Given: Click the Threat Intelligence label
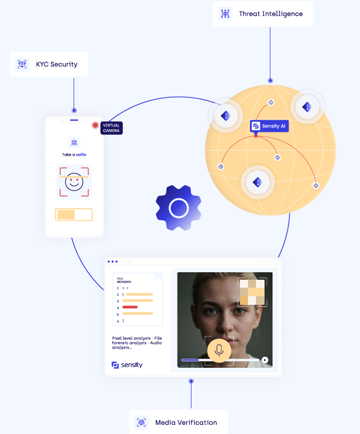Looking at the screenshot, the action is [x=270, y=14].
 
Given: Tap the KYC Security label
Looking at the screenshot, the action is [x=57, y=64].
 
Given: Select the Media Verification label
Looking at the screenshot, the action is [x=186, y=422].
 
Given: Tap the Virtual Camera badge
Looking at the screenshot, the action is [x=111, y=128].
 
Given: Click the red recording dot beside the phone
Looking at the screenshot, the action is [x=95, y=125].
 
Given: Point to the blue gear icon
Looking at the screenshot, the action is [x=179, y=208].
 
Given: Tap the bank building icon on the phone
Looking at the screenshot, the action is [x=74, y=142].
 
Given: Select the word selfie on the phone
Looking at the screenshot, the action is [x=81, y=154].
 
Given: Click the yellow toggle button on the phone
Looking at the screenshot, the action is [x=74, y=215].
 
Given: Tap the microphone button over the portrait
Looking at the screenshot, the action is [x=219, y=350].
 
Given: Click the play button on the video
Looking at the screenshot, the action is [x=265, y=360].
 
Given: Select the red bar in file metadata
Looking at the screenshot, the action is [x=130, y=307].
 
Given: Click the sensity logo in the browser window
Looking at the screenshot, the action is [x=127, y=365].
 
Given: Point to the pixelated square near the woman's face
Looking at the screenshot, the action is [x=252, y=292].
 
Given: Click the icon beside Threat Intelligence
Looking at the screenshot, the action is [x=225, y=14].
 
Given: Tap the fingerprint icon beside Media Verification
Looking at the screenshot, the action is [x=141, y=422].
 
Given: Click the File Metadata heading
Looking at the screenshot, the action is [x=124, y=280].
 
